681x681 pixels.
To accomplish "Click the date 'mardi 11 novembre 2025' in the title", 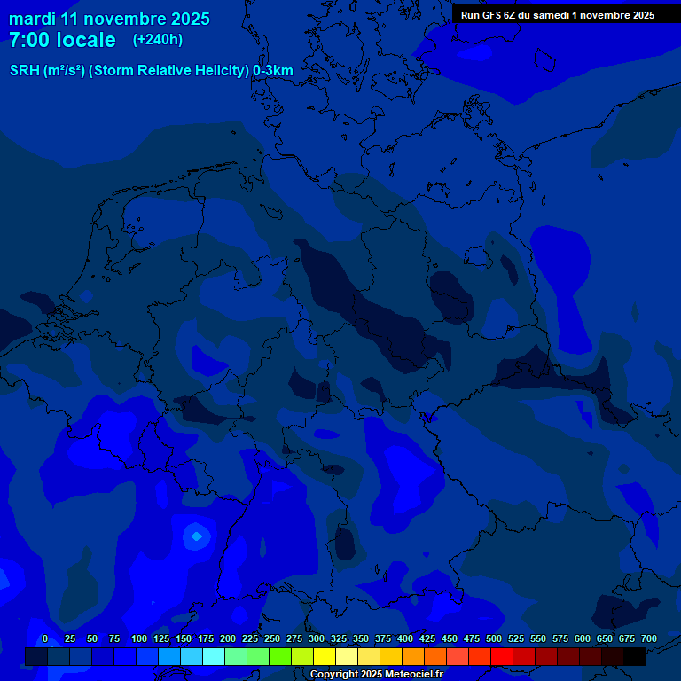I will [x=109, y=19].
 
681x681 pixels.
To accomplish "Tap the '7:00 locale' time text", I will [x=62, y=40].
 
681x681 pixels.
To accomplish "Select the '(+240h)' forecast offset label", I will [x=158, y=40].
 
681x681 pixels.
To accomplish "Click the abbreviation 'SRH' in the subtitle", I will [x=25, y=71].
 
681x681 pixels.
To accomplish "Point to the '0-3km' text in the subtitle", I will [x=273, y=71].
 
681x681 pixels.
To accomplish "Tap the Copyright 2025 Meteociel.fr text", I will [x=376, y=675].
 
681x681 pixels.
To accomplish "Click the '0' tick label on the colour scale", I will [x=45, y=638].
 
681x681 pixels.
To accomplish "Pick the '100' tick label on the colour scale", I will [x=139, y=638].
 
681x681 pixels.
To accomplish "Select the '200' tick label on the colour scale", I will [x=228, y=638].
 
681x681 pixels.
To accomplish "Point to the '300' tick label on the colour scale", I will [x=317, y=638].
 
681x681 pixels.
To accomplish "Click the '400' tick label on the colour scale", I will [x=405, y=638].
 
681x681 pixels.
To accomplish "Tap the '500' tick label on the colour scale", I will [x=494, y=638].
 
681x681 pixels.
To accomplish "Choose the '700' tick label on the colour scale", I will [x=649, y=638].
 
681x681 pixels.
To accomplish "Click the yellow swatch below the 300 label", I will [x=325, y=656].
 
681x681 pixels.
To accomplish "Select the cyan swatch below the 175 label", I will [x=214, y=656].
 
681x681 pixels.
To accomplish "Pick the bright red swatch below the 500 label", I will [x=502, y=656].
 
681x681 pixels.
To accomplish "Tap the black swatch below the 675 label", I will [x=635, y=656].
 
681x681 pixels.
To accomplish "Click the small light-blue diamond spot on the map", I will [x=196, y=536].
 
